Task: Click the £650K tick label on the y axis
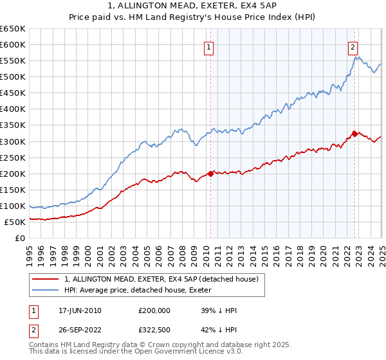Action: click(x=13, y=29)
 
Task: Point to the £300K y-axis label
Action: click(x=13, y=141)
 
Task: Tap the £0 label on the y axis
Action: click(x=20, y=239)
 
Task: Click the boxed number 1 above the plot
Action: click(x=210, y=46)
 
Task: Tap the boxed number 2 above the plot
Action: click(x=354, y=46)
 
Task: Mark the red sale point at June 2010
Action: click(x=210, y=173)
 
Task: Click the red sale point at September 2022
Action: click(x=354, y=134)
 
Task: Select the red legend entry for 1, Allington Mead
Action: click(x=161, y=279)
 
